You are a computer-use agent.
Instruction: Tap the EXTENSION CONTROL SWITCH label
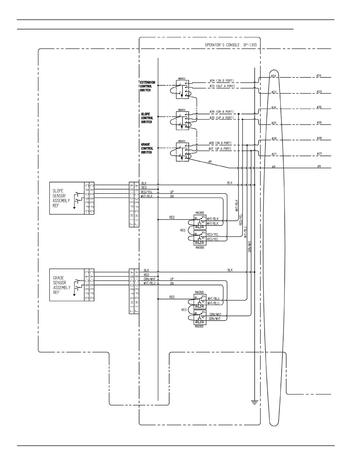(x=147, y=86)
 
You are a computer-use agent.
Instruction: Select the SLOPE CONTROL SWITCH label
(x=147, y=118)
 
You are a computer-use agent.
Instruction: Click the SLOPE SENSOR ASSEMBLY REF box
(x=67, y=198)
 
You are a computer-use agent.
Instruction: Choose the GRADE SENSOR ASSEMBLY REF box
(x=67, y=285)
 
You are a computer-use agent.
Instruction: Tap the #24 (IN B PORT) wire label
(x=221, y=80)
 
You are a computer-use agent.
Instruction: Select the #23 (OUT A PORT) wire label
(x=222, y=86)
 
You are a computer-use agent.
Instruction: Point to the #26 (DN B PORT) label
(x=221, y=112)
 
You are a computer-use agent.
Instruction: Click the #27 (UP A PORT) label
(x=220, y=149)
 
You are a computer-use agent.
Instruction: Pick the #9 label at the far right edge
(x=319, y=167)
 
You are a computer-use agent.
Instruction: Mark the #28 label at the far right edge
(x=319, y=138)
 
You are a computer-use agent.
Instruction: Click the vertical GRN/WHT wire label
(x=250, y=247)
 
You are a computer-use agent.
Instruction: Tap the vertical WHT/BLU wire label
(x=245, y=232)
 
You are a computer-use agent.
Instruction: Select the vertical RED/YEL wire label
(x=241, y=219)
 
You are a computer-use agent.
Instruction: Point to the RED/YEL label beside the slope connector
(x=146, y=192)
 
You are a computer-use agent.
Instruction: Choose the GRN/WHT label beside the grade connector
(x=149, y=279)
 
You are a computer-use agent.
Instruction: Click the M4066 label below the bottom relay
(x=199, y=327)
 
